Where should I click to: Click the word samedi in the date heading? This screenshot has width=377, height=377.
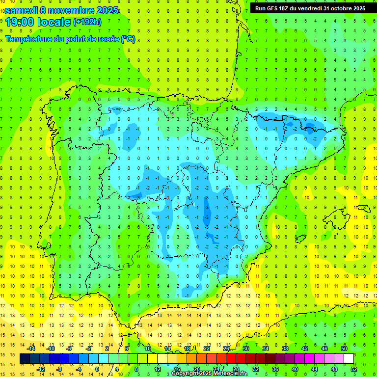tap(21, 10)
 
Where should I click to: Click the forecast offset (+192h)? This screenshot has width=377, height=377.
tap(87, 22)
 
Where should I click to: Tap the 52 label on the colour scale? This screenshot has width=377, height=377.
tap(354, 369)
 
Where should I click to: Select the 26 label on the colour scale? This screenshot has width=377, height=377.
tap(226, 349)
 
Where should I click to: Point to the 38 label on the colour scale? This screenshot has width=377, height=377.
tap(285, 349)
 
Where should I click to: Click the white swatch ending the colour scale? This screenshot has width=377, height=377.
tap(349, 359)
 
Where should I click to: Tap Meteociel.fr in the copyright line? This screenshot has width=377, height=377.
tap(230, 374)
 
